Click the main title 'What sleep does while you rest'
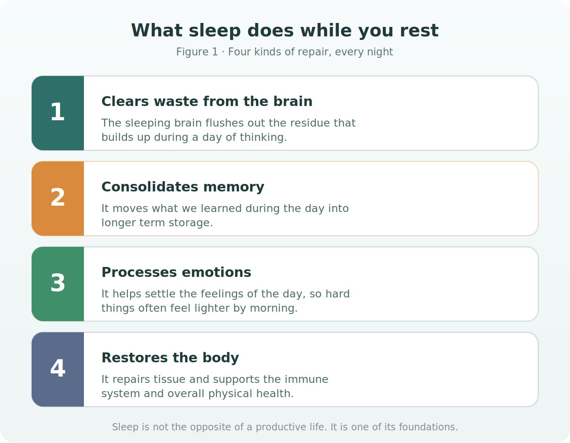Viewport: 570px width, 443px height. coord(285,31)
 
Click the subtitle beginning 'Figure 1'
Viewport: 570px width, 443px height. coord(285,52)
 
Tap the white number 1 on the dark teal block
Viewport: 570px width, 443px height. coord(58,112)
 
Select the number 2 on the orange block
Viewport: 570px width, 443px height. coord(58,197)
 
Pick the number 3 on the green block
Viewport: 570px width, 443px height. coord(58,283)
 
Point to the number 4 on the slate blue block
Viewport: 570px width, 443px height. coord(58,368)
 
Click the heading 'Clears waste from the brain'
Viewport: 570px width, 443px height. coord(207,101)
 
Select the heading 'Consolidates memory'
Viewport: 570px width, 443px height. coord(183,187)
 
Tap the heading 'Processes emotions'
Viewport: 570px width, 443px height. coord(176,273)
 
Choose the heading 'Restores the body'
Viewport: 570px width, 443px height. coord(170,358)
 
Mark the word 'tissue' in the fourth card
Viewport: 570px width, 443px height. coord(170,379)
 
